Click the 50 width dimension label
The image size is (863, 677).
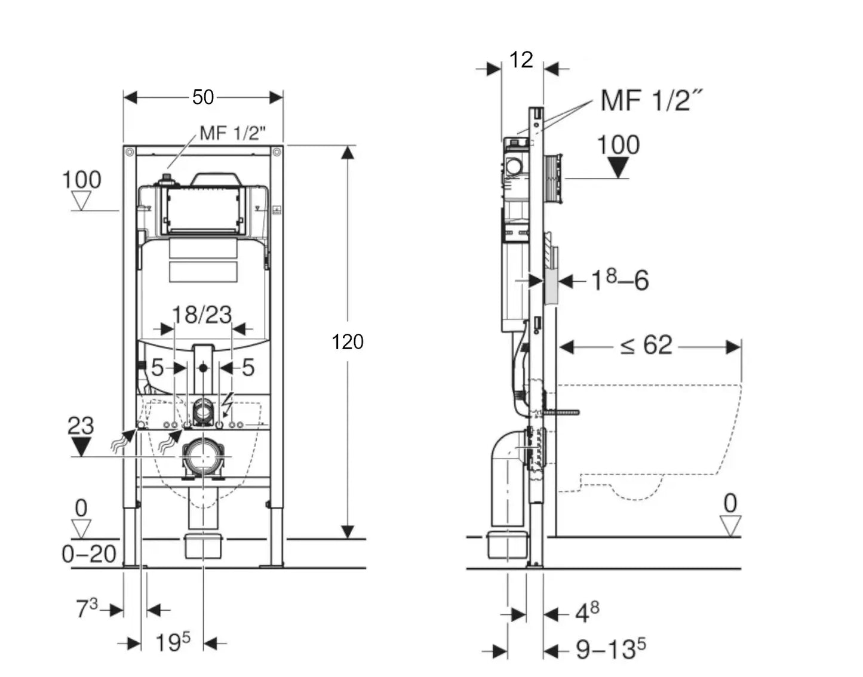tap(203, 97)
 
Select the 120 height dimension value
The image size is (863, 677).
tap(347, 341)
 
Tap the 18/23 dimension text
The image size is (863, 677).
tap(202, 315)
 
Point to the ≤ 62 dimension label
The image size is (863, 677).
tap(646, 346)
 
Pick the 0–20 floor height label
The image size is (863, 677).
tap(89, 554)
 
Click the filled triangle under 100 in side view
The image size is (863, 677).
tap(618, 167)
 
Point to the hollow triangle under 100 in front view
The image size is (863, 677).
tap(81, 200)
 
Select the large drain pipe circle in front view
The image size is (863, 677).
tap(203, 457)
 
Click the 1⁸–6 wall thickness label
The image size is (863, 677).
tap(619, 280)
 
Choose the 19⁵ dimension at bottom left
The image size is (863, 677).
tap(173, 643)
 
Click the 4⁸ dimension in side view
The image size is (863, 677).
tap(586, 613)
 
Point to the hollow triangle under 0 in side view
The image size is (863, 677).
tap(730, 525)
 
